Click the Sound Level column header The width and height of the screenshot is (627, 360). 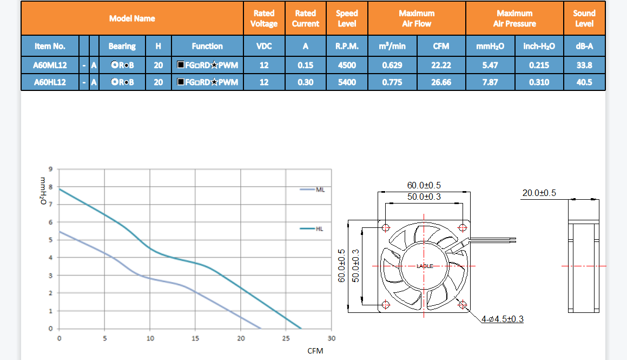(584, 18)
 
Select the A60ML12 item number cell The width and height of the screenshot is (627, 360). (50, 65)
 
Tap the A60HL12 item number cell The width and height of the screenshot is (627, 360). (50, 82)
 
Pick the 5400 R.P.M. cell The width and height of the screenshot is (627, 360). (347, 82)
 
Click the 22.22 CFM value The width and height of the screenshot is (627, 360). (441, 65)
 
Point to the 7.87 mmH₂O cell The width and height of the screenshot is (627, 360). (490, 82)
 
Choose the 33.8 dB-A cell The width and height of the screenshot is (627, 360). (584, 65)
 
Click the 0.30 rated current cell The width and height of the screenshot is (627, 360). (305, 82)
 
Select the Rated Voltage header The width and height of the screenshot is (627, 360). (263, 18)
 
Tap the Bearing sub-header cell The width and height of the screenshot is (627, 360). (122, 46)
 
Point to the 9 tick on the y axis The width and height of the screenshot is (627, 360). (51, 169)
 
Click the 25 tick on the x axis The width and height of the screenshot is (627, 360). (286, 338)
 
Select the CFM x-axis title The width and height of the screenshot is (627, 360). (315, 351)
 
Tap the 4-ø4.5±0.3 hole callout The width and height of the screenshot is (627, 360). (502, 319)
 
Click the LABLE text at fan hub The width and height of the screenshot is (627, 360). (424, 266)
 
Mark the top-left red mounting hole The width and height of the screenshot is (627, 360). (385, 227)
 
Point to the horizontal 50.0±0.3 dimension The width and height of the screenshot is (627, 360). (424, 197)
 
